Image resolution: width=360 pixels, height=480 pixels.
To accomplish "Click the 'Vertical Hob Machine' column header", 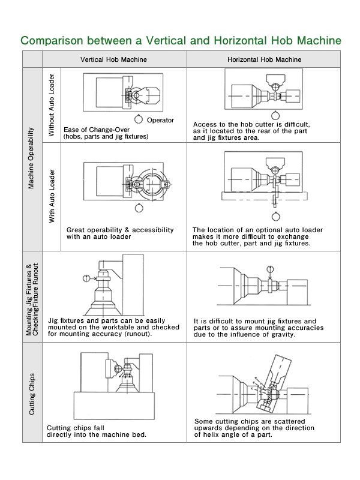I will [x=113, y=60].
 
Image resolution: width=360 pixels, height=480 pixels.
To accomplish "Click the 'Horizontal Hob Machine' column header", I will [x=264, y=60].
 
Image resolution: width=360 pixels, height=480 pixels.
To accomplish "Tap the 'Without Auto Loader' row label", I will [x=52, y=105].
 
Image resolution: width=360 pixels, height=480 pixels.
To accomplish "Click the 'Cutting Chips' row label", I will [x=32, y=394].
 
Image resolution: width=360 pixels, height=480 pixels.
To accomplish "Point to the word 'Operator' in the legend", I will [x=160, y=121].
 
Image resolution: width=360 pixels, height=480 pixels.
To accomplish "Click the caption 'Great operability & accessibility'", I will [x=120, y=230].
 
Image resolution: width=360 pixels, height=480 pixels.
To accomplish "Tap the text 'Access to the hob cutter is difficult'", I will [x=259, y=124].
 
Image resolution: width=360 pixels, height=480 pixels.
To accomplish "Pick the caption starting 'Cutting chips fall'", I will [x=76, y=428].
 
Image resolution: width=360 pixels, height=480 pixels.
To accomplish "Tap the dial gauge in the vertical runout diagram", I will [x=88, y=277].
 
